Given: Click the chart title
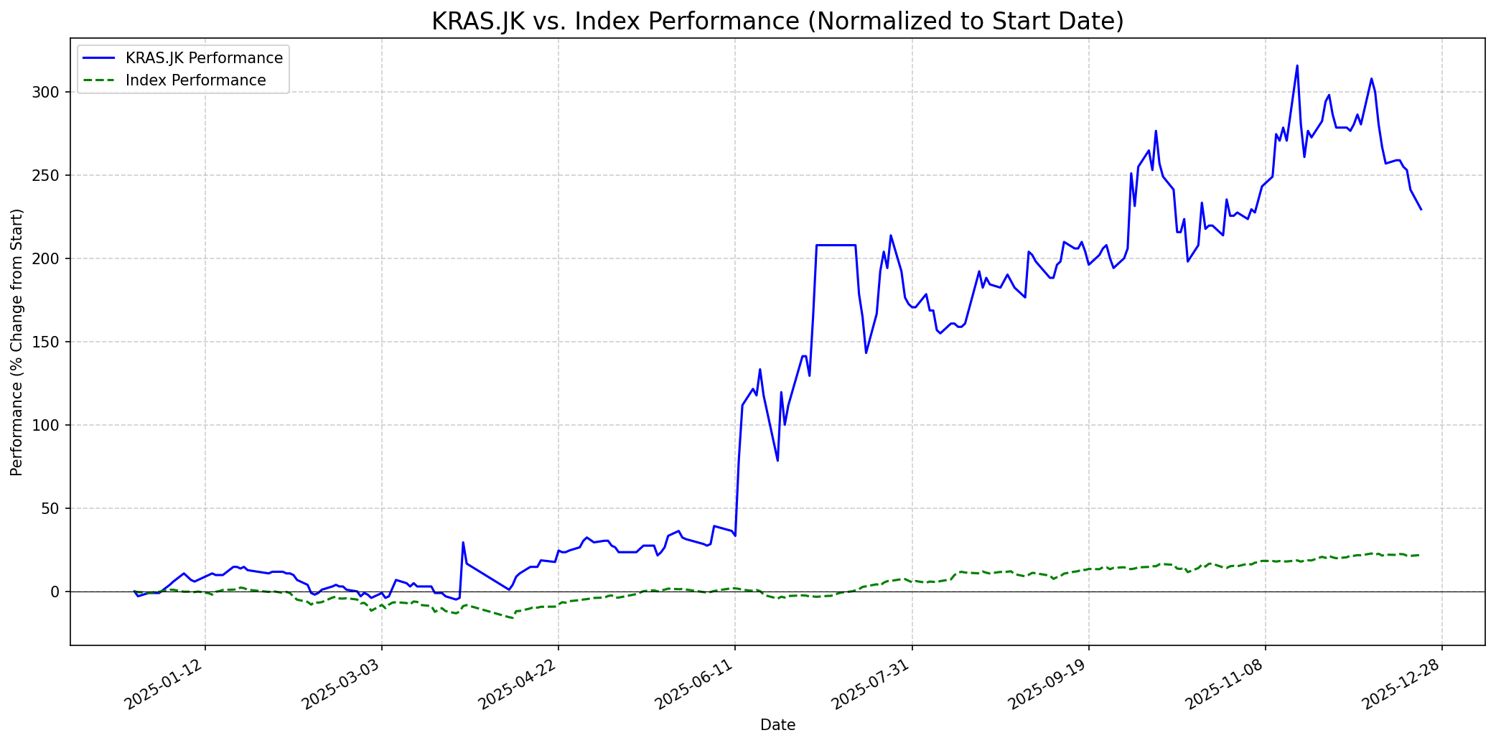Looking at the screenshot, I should (777, 22).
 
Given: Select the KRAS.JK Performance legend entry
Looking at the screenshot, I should (204, 58).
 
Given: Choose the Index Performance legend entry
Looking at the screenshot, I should (195, 80).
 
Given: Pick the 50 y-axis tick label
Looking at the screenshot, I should (56, 509).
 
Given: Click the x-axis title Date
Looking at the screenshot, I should (777, 726).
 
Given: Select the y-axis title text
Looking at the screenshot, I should (17, 342).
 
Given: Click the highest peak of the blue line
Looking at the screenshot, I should (1296, 66).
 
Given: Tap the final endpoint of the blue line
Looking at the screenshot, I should (1421, 209).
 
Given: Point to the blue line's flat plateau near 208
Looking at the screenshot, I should (836, 246).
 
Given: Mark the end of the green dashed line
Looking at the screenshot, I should (1419, 555).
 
